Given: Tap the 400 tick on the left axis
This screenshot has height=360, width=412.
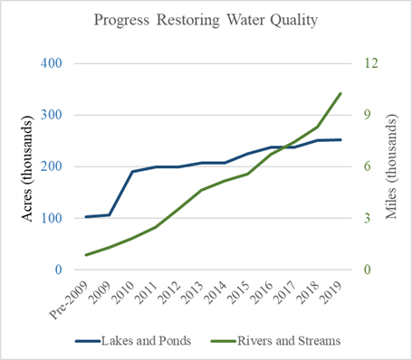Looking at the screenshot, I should pyautogui.click(x=51, y=63).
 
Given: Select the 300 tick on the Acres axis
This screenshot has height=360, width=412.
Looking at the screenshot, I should pyautogui.click(x=51, y=115).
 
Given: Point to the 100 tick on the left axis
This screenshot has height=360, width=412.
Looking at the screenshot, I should pyautogui.click(x=51, y=218).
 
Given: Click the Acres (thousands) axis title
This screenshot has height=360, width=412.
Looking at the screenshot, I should pyautogui.click(x=16, y=166).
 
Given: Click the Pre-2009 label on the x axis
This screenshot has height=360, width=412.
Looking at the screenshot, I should pyautogui.click(x=71, y=298).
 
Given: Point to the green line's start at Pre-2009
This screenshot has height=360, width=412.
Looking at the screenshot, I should pyautogui.click(x=86, y=255).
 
